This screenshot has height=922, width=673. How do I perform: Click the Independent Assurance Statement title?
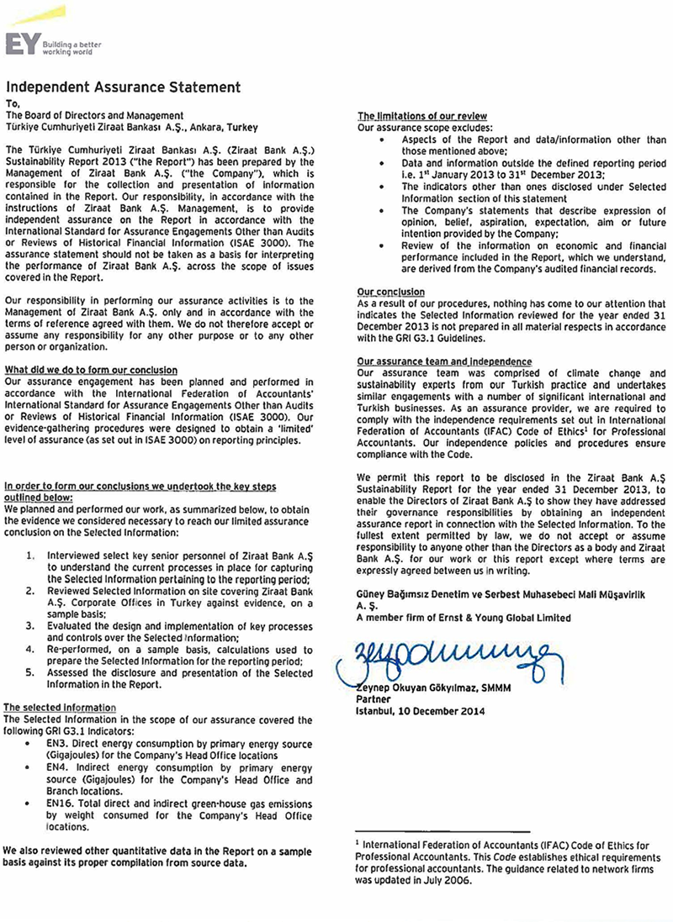123,87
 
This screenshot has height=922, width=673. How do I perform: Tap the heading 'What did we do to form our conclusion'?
91,370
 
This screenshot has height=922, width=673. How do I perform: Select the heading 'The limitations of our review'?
422,115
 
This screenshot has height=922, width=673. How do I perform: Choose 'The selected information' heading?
60,708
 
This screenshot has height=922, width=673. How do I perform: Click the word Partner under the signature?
374,699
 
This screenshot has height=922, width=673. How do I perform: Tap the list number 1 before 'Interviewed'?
30,556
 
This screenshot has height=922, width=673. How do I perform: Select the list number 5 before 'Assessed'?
30,672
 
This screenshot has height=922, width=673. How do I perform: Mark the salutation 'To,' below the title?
12,103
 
